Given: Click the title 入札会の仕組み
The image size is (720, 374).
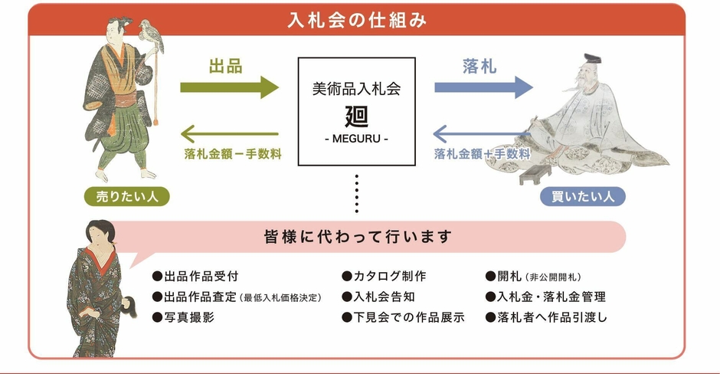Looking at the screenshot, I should pyautogui.click(x=357, y=19).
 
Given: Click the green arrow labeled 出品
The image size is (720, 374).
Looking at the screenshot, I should pyautogui.click(x=230, y=86).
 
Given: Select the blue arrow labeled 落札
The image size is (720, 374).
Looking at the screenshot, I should pyautogui.click(x=483, y=86).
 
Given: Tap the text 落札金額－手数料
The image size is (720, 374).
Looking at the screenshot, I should pyautogui.click(x=232, y=153).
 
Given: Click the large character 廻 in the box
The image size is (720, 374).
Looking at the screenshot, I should pyautogui.click(x=356, y=116).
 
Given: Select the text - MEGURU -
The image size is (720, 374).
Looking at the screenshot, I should pyautogui.click(x=356, y=139).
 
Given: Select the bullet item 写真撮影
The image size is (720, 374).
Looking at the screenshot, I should pyautogui.click(x=184, y=317).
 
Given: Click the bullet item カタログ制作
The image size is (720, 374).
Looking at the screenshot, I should pyautogui.click(x=384, y=276).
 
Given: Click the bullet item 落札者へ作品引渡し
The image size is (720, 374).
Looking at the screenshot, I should pyautogui.click(x=546, y=317).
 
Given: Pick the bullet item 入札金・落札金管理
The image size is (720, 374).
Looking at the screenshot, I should pyautogui.click(x=545, y=297).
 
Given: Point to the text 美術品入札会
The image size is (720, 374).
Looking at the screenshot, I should pyautogui.click(x=357, y=89).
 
